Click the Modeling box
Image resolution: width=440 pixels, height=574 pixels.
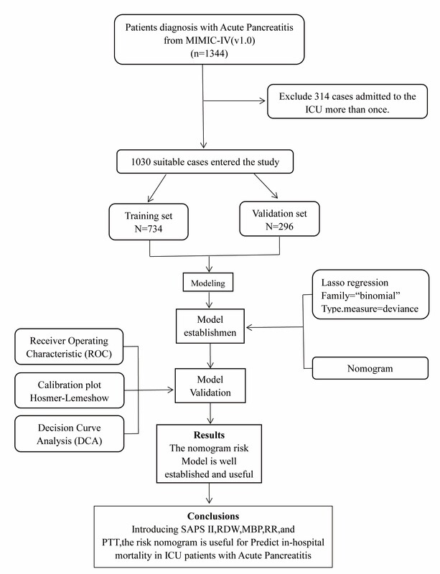pos(208,283)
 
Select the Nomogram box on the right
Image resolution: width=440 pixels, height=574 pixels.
pos(370,368)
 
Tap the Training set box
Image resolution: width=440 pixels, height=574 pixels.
pos(149,222)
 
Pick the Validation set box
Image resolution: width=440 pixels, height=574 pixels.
pos(279,219)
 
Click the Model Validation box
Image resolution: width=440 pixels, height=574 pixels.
pos(210,386)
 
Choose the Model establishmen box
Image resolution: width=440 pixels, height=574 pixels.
pos(210,326)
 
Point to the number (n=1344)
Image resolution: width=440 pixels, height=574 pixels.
pos(209,53)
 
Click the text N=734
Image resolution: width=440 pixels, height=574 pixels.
pos(149,229)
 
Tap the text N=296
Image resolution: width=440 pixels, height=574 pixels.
pos(279,227)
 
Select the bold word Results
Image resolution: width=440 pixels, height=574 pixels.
pos(209,435)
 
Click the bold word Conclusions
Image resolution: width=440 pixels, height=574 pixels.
pos(213,516)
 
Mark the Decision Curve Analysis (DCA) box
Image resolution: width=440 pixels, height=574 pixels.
pos(69,434)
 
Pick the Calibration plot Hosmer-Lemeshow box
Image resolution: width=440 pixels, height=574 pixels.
pos(69,390)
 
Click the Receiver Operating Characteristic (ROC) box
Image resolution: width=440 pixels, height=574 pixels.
pos(69,347)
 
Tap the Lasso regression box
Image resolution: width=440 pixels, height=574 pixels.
pos(370,295)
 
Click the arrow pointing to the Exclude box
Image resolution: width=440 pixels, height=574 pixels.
pos(234,101)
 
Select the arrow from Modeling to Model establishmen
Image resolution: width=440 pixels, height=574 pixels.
pos(209,300)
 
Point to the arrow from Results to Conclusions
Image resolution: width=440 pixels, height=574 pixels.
pos(209,494)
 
